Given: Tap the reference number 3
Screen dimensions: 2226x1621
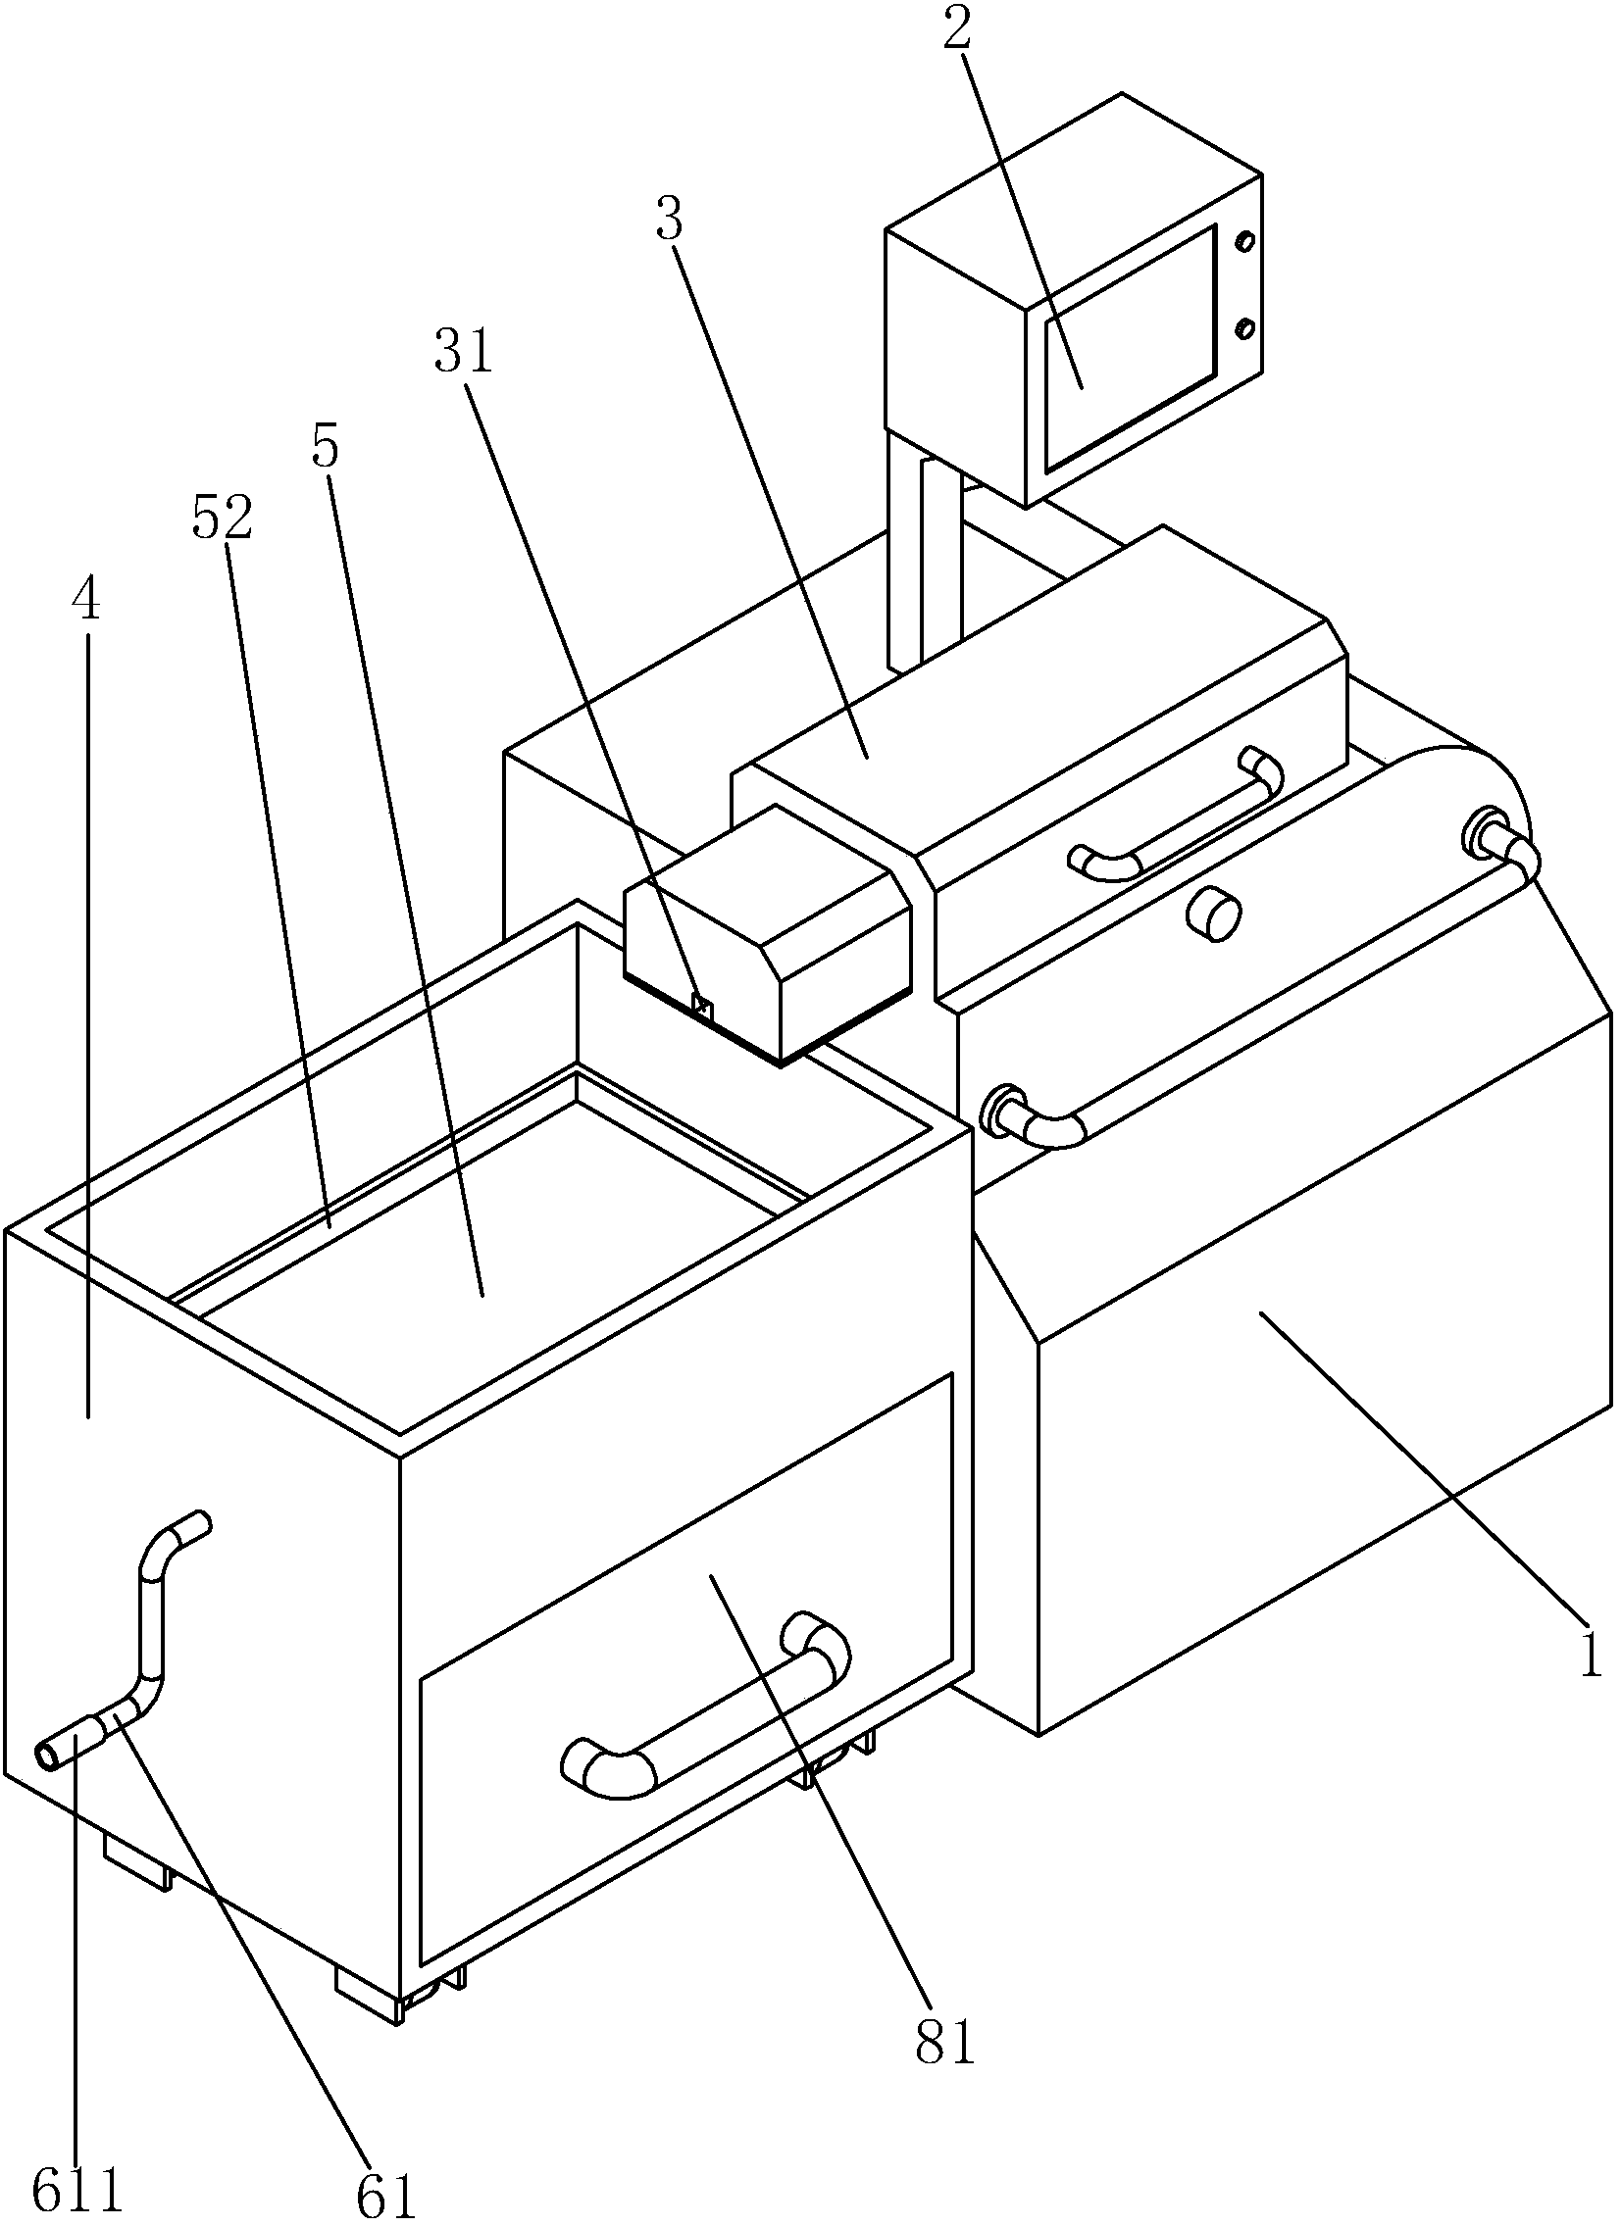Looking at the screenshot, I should pos(670,220).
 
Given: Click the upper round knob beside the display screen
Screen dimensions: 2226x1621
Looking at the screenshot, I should pos(1246,241).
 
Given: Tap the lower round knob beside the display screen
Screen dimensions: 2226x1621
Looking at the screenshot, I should pos(1246,327).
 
